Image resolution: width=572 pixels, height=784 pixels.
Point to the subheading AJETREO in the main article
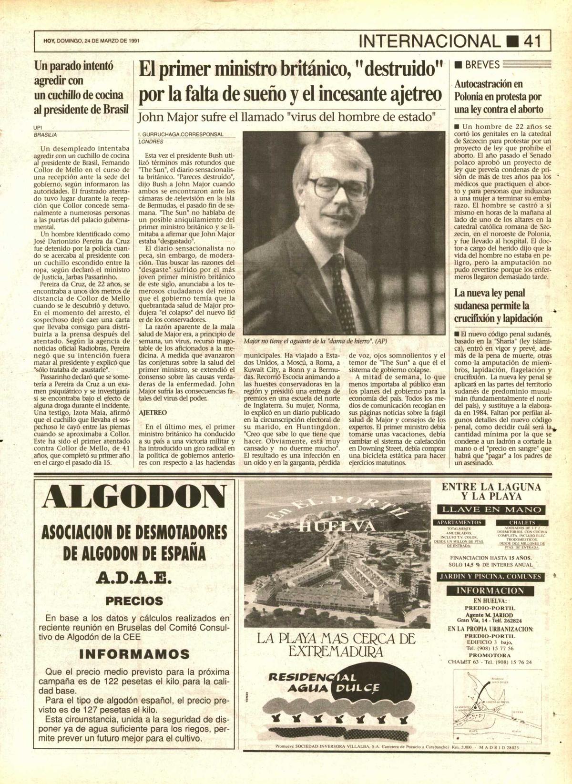coord(153,412)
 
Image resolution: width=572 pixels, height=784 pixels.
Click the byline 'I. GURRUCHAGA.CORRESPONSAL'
coord(181,134)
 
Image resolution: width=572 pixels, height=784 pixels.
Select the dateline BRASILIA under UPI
coord(45,135)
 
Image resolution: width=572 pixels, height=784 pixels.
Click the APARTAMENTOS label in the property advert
coord(459,522)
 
